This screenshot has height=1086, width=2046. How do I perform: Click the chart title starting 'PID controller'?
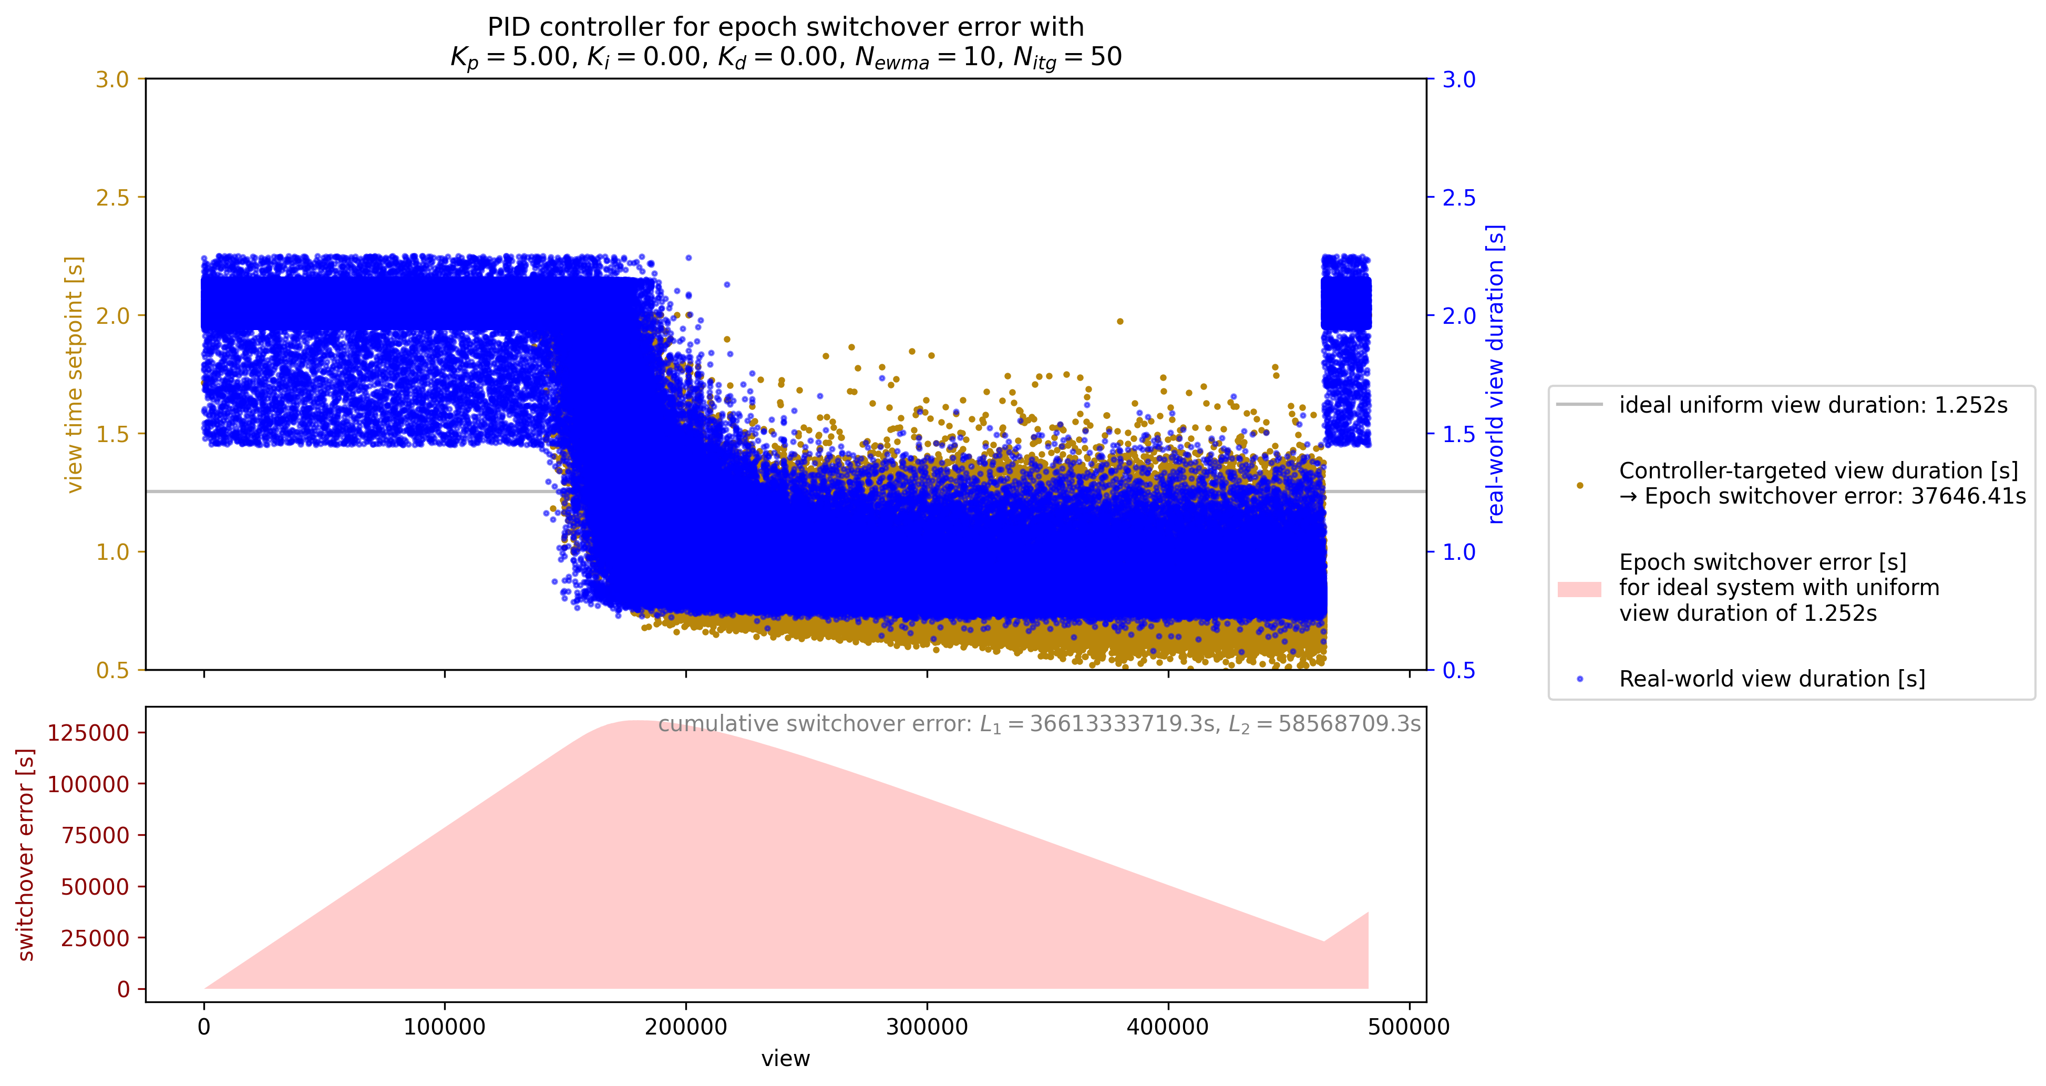[786, 42]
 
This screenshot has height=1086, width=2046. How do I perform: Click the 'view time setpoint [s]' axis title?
[74, 374]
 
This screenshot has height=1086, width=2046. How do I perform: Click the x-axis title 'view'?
[786, 1058]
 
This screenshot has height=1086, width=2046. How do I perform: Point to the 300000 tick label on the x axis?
[927, 1027]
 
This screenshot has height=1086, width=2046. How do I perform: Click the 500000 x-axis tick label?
[1409, 1027]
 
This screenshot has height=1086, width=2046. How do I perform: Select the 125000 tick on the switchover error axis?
[88, 732]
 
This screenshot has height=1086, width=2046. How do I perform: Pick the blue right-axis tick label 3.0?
[1458, 79]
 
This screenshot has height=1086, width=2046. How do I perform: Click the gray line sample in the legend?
[1579, 404]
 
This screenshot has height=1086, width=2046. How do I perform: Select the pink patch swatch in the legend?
[1579, 589]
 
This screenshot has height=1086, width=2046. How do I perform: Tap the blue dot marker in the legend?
[1579, 679]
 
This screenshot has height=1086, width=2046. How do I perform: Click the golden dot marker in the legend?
[1579, 485]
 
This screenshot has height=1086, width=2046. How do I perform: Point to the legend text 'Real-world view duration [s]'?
[1772, 679]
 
